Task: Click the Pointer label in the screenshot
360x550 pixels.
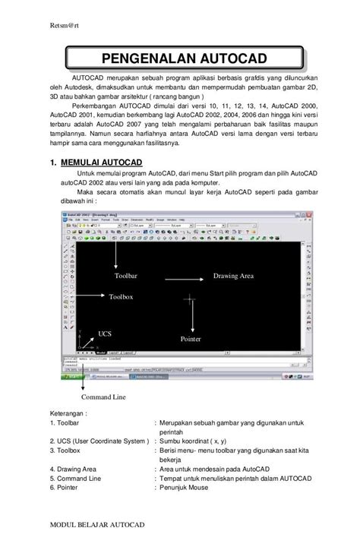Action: pyautogui.click(x=190, y=338)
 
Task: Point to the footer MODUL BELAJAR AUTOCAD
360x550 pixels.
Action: pyautogui.click(x=95, y=525)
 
